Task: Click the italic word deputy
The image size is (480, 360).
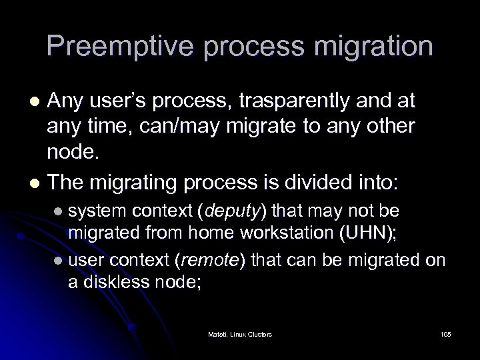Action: (x=236, y=211)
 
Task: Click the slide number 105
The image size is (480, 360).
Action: (x=445, y=333)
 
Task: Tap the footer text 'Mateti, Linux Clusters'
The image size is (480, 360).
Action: (x=240, y=333)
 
